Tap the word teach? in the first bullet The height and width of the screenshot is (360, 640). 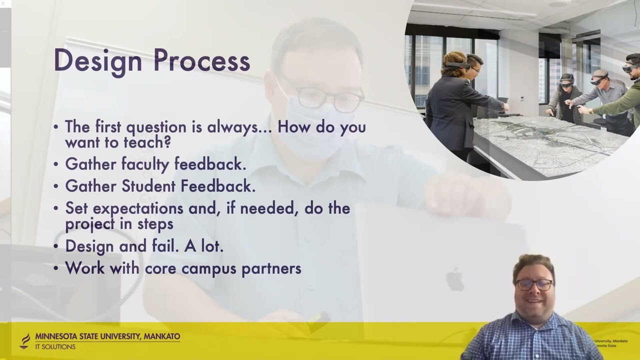point(147,142)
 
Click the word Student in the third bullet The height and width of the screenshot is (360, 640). point(148,186)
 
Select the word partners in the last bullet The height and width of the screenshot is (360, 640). point(271,268)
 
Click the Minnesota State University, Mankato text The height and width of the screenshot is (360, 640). point(107,336)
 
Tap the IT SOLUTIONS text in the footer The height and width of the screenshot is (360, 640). point(55,347)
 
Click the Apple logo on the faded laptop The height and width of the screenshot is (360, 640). point(454,279)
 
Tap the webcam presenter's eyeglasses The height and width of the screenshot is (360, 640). point(534,284)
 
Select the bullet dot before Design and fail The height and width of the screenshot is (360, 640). point(55,246)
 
